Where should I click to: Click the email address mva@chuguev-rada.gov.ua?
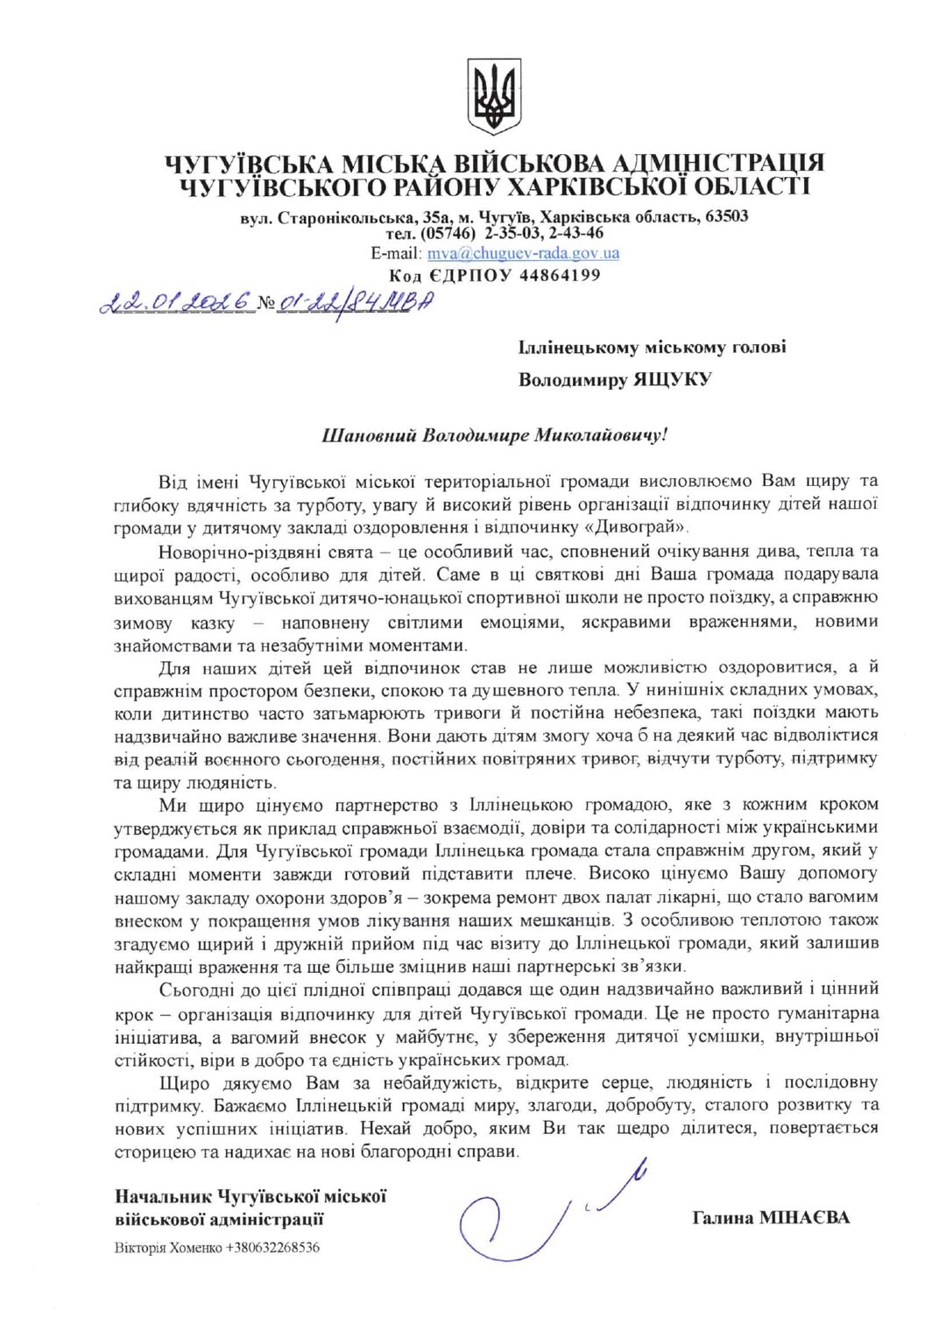[523, 254]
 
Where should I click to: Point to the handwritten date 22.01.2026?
[176, 303]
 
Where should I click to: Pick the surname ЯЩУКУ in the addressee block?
[672, 379]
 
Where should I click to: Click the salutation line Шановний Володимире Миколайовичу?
[496, 435]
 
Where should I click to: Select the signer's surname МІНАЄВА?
[804, 1218]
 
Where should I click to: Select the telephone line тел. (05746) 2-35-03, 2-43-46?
[494, 234]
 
